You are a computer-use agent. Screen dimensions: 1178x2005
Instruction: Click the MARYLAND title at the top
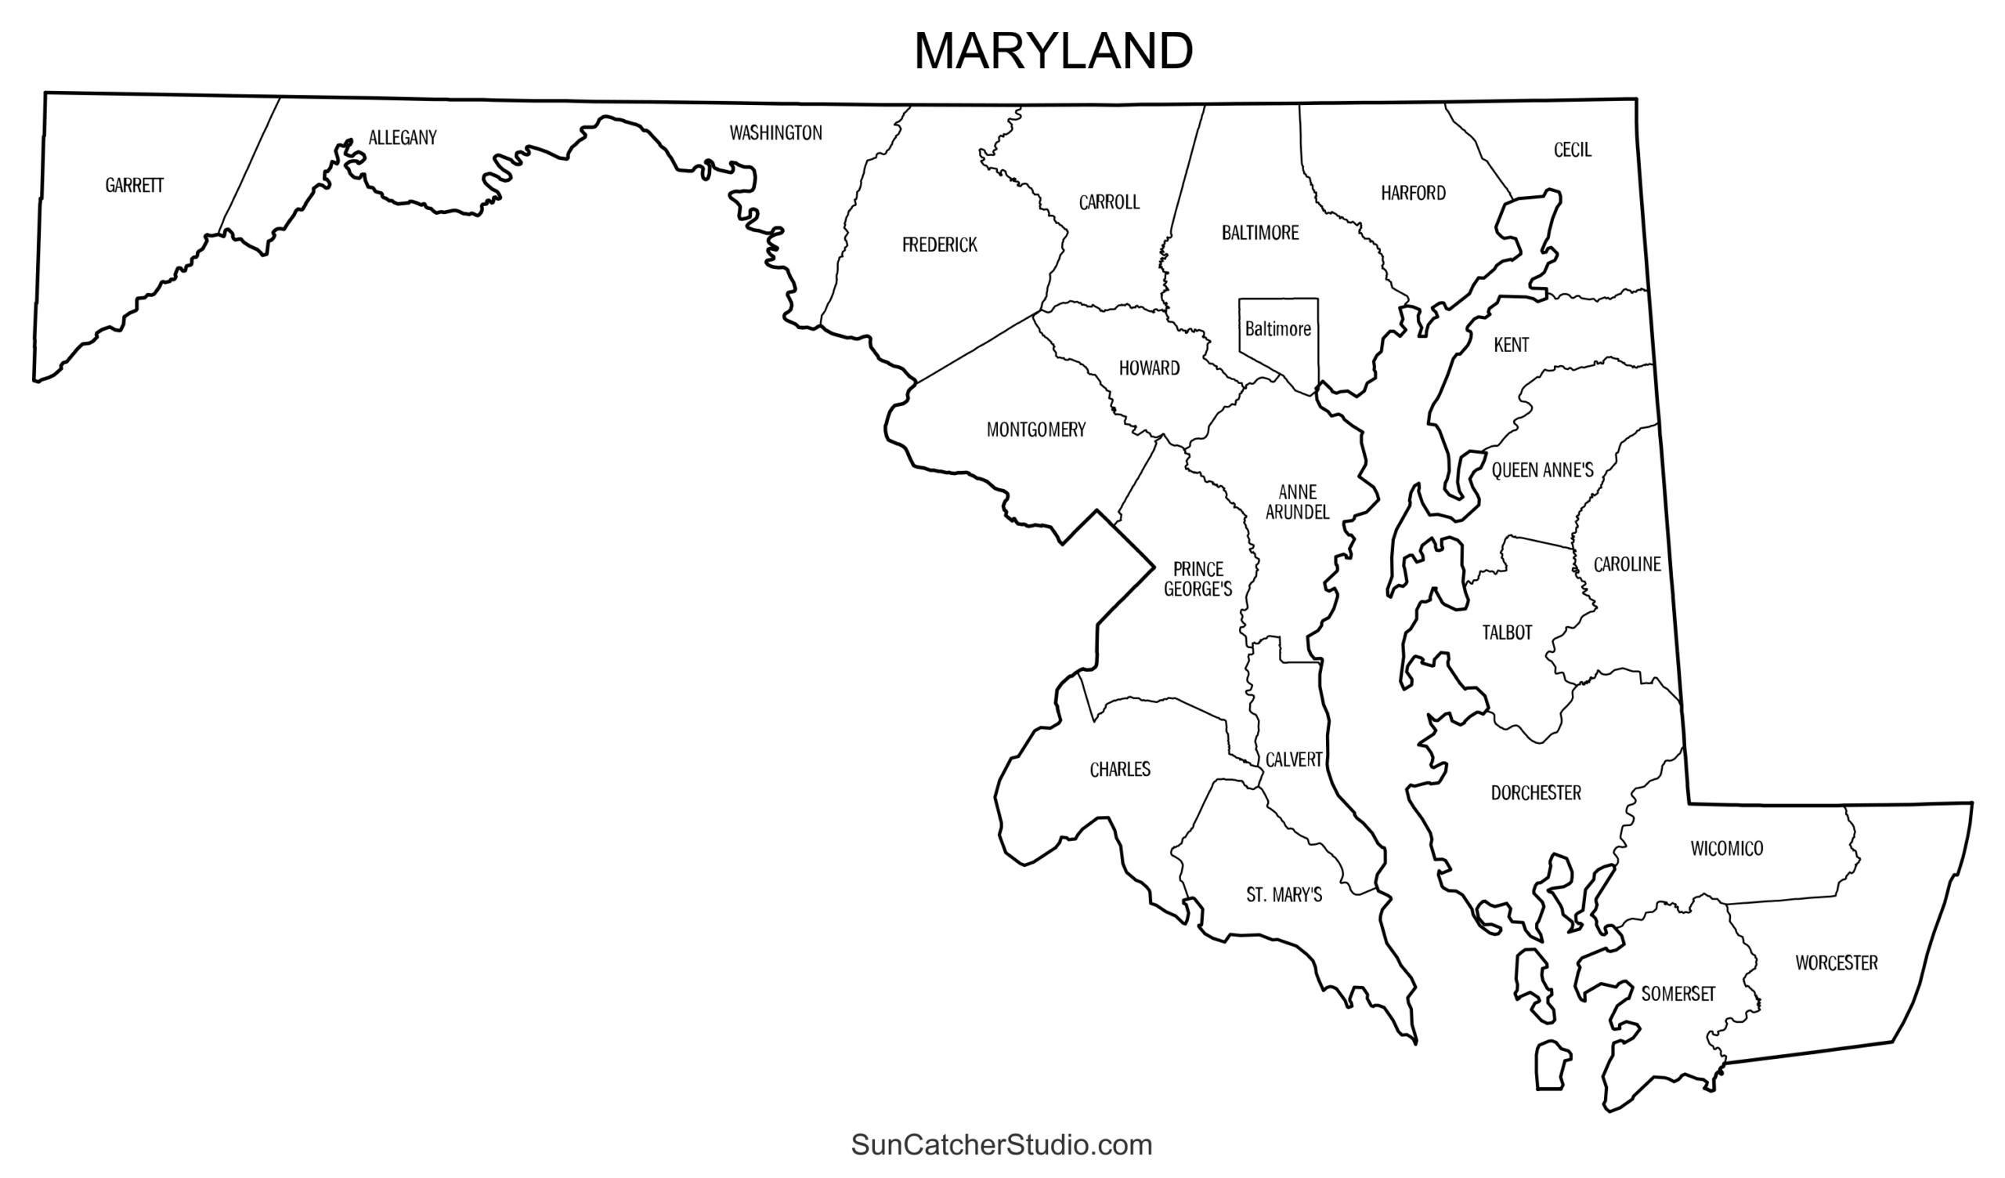click(1053, 52)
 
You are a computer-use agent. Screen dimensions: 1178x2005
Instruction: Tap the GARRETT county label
click(135, 186)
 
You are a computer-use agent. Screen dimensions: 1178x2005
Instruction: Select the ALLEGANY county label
click(403, 138)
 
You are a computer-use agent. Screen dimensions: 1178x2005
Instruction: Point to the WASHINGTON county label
click(775, 133)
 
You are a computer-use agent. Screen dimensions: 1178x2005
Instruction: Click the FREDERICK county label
click(940, 245)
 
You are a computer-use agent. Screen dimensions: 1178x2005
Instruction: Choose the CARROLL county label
click(1109, 203)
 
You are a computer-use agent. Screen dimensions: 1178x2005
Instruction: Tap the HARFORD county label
click(1413, 194)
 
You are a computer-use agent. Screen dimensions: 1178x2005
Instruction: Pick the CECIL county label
click(1572, 150)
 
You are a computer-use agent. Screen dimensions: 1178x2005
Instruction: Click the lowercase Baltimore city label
click(1277, 328)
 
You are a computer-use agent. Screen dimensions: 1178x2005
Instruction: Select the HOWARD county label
click(1149, 368)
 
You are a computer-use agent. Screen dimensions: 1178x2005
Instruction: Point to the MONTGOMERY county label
click(1036, 430)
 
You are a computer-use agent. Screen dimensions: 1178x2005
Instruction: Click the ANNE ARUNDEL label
click(1297, 502)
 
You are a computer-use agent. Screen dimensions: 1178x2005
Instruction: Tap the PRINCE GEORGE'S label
click(1198, 579)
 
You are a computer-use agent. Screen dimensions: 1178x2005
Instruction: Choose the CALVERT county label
click(1294, 760)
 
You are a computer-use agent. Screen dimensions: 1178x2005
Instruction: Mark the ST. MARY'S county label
click(1284, 895)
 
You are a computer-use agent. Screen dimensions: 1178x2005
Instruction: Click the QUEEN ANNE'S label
click(1542, 470)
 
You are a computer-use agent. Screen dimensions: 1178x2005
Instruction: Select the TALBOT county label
click(1507, 632)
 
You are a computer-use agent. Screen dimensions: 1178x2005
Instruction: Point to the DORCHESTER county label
click(1536, 792)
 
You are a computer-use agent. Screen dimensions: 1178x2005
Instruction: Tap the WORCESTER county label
click(1837, 963)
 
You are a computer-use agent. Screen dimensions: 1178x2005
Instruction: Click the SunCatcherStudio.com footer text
click(1001, 1144)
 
